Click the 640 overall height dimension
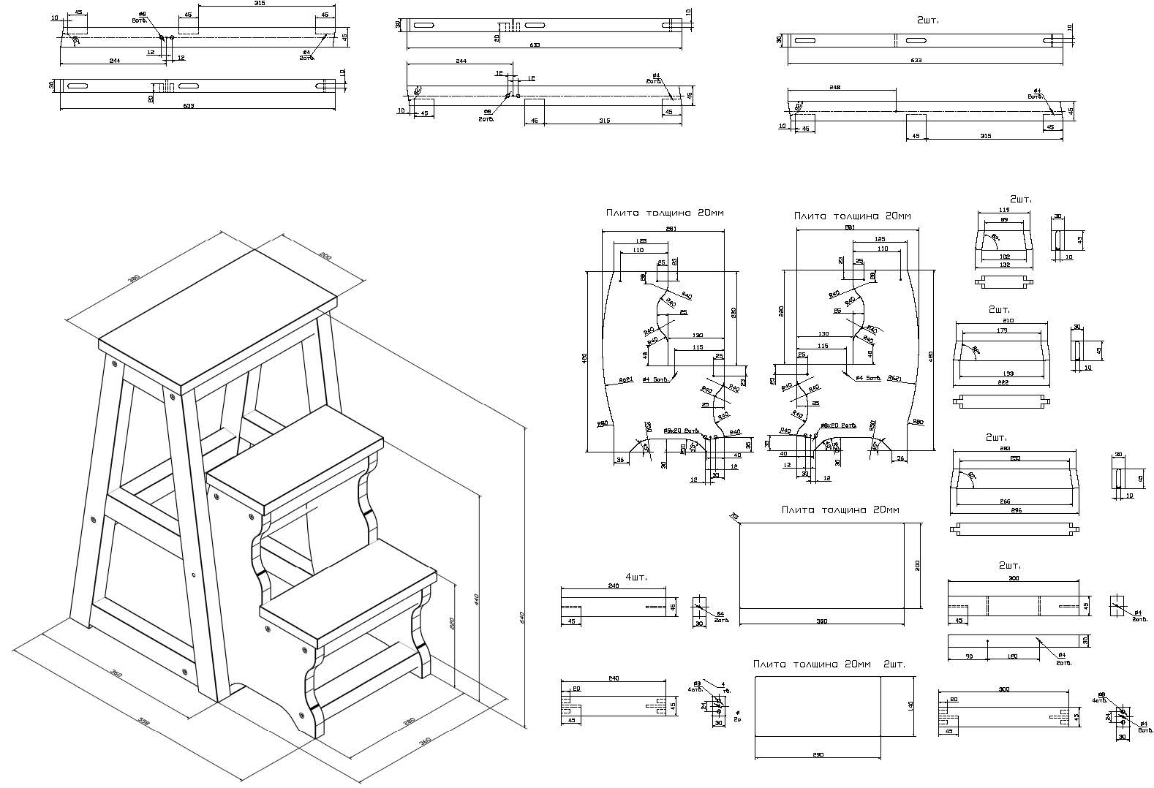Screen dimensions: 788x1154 click(522, 617)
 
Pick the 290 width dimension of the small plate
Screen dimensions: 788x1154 click(818, 754)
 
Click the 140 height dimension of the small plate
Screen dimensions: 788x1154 click(910, 707)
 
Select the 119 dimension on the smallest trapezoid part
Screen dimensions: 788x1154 click(1003, 211)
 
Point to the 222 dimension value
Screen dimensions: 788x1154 click(1002, 383)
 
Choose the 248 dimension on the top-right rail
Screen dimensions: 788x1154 click(835, 87)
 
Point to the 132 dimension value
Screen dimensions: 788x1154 click(1003, 265)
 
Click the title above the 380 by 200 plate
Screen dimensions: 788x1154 click(840, 510)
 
